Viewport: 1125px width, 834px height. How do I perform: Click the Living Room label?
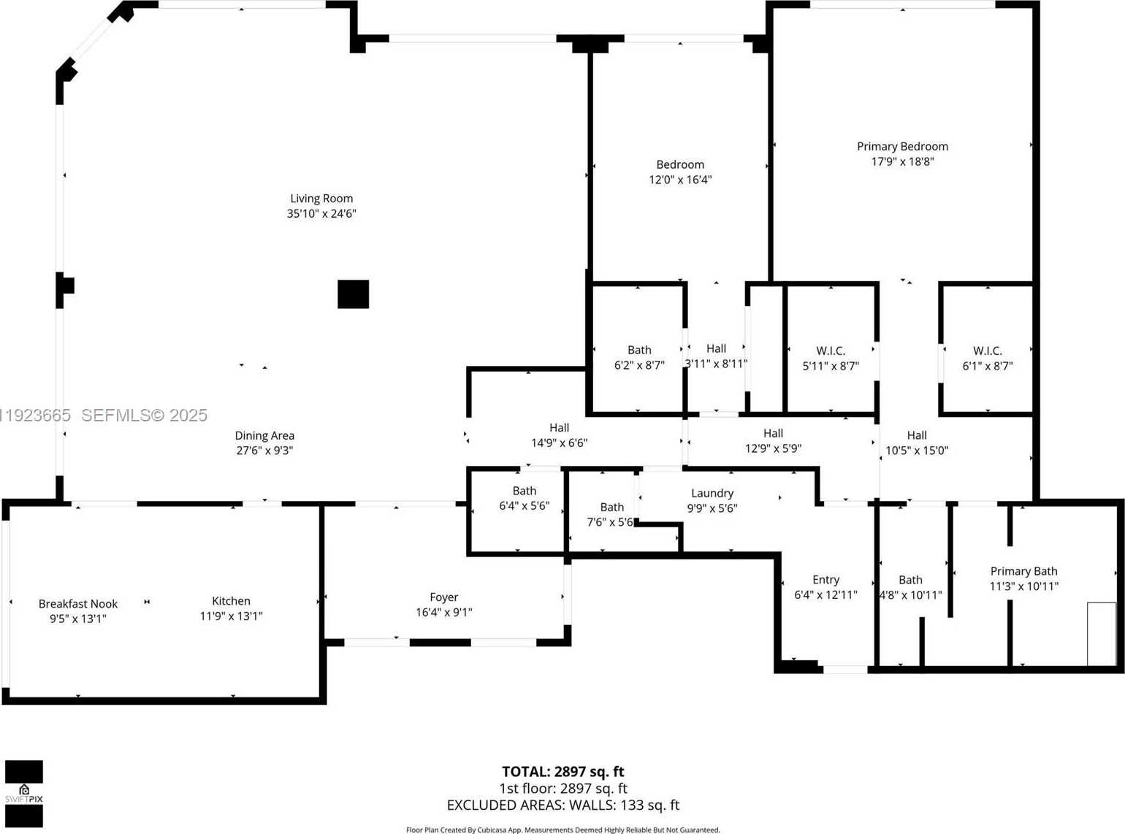click(x=321, y=199)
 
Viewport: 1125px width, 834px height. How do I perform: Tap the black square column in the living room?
click(x=353, y=294)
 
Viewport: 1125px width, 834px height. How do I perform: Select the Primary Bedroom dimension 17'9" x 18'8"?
click(x=902, y=161)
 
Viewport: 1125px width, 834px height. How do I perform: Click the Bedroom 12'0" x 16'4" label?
click(x=680, y=172)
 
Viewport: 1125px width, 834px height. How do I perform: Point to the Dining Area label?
click(x=264, y=436)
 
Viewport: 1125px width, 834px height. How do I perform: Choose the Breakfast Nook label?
click(x=78, y=604)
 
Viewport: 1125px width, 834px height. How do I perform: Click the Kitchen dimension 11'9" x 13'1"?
click(x=231, y=616)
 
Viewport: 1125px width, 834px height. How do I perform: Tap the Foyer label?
click(x=444, y=597)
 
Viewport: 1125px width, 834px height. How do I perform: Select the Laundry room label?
click(x=712, y=494)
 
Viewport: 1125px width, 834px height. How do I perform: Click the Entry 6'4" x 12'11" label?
click(x=825, y=587)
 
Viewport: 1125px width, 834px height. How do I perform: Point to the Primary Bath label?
click(x=1023, y=571)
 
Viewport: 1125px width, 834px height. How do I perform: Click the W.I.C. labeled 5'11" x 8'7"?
click(x=831, y=359)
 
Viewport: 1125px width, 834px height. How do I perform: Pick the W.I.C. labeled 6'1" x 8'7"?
click(x=987, y=359)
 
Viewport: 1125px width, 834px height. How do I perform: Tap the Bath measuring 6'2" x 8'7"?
click(x=639, y=358)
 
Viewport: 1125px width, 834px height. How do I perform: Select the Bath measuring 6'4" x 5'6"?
click(x=524, y=498)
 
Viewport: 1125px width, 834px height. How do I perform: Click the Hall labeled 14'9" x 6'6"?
click(x=559, y=435)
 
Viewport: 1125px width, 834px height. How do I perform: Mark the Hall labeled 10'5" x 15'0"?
click(x=917, y=443)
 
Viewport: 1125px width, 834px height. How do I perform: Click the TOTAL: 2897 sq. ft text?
click(x=562, y=771)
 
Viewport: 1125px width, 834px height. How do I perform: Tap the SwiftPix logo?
click(x=24, y=794)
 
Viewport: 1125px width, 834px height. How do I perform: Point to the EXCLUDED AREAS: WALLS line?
click(x=562, y=805)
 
